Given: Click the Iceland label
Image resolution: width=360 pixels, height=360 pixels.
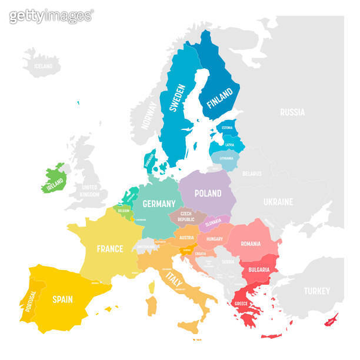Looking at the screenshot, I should click(43, 66).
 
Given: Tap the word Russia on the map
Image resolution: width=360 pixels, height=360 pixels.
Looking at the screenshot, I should click(292, 112).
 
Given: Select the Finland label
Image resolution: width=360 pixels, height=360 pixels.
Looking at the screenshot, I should click(219, 101).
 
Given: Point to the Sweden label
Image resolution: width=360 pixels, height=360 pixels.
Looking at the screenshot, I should click(177, 98).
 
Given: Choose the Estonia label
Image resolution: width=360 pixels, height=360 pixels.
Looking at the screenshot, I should click(226, 128).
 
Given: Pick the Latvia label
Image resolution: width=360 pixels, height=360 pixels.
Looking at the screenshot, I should click(229, 144).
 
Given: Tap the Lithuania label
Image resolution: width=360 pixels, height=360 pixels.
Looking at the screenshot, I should click(226, 158).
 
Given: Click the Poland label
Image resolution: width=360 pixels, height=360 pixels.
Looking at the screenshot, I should click(208, 193).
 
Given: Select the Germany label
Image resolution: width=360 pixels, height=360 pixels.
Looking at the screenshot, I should click(159, 204).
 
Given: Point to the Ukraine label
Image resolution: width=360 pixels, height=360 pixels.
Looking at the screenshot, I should click(278, 202).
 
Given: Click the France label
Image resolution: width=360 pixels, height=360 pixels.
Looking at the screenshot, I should click(110, 249).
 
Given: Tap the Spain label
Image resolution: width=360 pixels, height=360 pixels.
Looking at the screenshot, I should click(62, 299).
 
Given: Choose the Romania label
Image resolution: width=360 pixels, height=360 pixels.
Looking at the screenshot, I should click(250, 244).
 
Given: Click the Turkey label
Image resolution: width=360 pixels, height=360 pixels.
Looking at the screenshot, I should click(316, 291).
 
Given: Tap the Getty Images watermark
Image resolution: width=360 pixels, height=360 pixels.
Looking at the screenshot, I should click(51, 16).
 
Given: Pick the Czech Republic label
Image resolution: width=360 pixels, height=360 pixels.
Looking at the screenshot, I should click(186, 216).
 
